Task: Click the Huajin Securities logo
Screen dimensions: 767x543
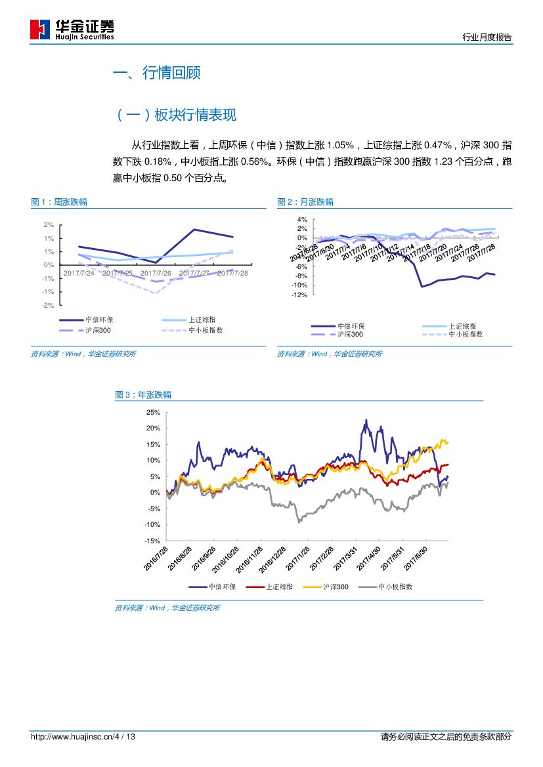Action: click(x=72, y=30)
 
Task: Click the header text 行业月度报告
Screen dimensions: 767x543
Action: click(x=487, y=37)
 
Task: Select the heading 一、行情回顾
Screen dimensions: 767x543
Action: click(x=157, y=73)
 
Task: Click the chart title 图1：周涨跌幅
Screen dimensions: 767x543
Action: click(x=59, y=202)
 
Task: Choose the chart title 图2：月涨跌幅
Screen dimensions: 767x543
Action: click(x=305, y=202)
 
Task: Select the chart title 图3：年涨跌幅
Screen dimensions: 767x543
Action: click(x=143, y=395)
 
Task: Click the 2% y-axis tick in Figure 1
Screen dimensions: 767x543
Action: click(x=49, y=224)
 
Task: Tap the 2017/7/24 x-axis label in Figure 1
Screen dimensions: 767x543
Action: click(x=79, y=273)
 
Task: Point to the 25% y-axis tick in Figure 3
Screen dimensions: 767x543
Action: click(x=153, y=412)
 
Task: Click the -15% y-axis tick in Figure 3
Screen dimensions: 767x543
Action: click(x=152, y=541)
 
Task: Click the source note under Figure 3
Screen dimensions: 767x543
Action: click(x=167, y=608)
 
